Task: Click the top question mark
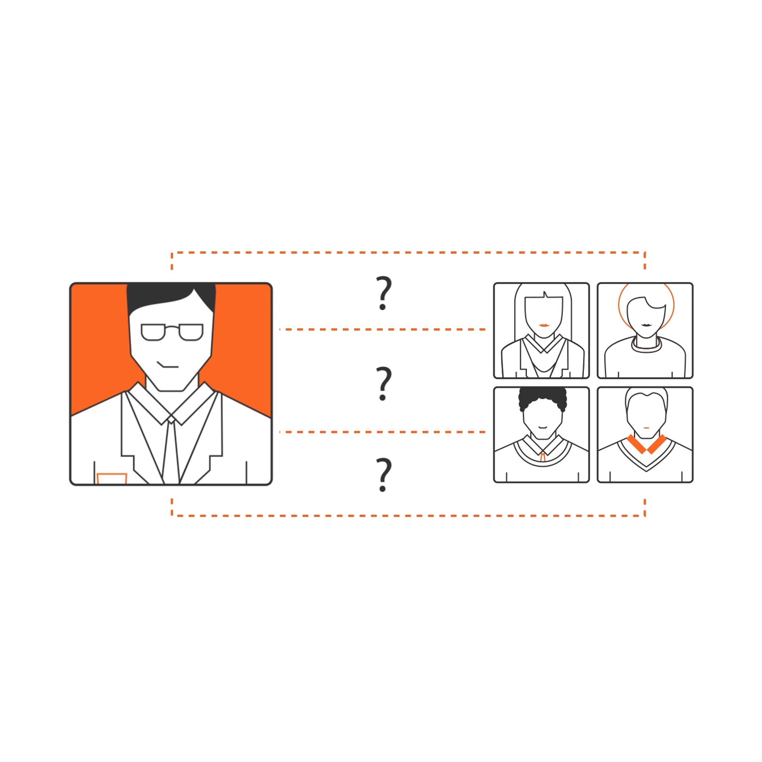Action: (x=384, y=293)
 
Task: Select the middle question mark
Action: (x=384, y=383)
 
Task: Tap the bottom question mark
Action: (x=384, y=475)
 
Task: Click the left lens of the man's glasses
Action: (x=153, y=332)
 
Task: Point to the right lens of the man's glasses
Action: (x=191, y=332)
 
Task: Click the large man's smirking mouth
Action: (x=167, y=365)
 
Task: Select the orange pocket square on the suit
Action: (x=112, y=479)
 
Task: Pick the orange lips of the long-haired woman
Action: (x=544, y=325)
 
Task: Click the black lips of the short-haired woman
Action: (x=647, y=325)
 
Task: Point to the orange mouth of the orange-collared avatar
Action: (x=647, y=428)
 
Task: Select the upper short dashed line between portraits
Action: (x=382, y=329)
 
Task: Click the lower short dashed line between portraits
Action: (x=382, y=432)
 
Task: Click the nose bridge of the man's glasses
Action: (x=172, y=328)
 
